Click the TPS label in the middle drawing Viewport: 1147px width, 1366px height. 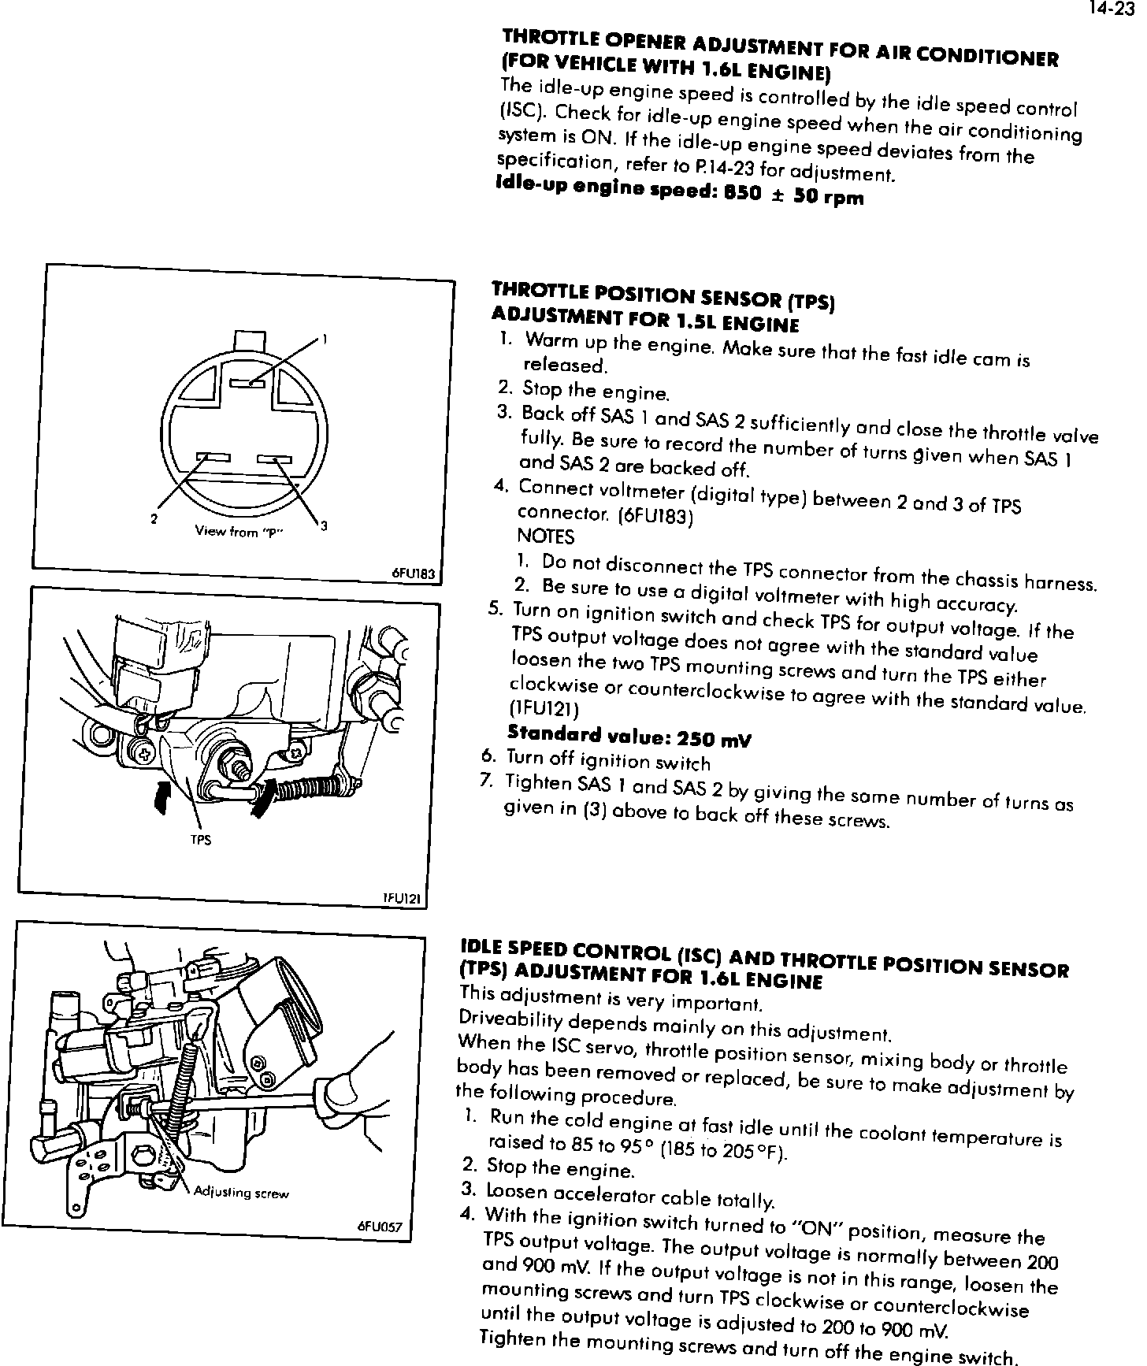201,840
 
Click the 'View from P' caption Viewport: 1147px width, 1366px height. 239,532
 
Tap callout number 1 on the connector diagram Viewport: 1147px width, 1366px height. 325,340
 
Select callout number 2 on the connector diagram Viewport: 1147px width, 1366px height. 154,519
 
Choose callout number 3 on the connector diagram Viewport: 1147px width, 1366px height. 324,525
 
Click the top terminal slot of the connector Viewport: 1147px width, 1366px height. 247,384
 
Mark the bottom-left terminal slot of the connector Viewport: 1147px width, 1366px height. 212,458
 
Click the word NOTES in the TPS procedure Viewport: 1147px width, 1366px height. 546,537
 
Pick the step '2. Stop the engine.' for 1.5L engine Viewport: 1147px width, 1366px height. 584,390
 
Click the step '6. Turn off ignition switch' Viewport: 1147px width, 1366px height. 596,760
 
